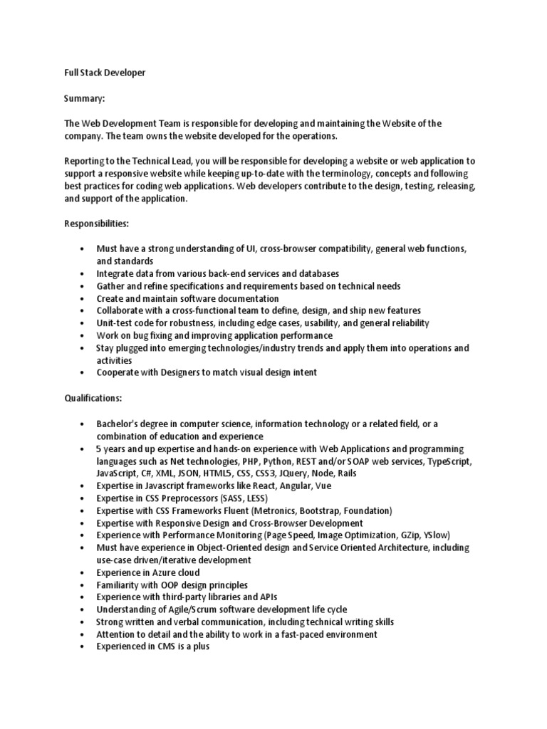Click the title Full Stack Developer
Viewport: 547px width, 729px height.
coord(105,73)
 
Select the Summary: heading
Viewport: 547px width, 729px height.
coord(85,98)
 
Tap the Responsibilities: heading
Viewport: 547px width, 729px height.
coord(96,224)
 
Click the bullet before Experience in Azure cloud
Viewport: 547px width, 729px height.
coord(83,572)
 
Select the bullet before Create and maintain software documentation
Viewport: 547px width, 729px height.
coord(83,298)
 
